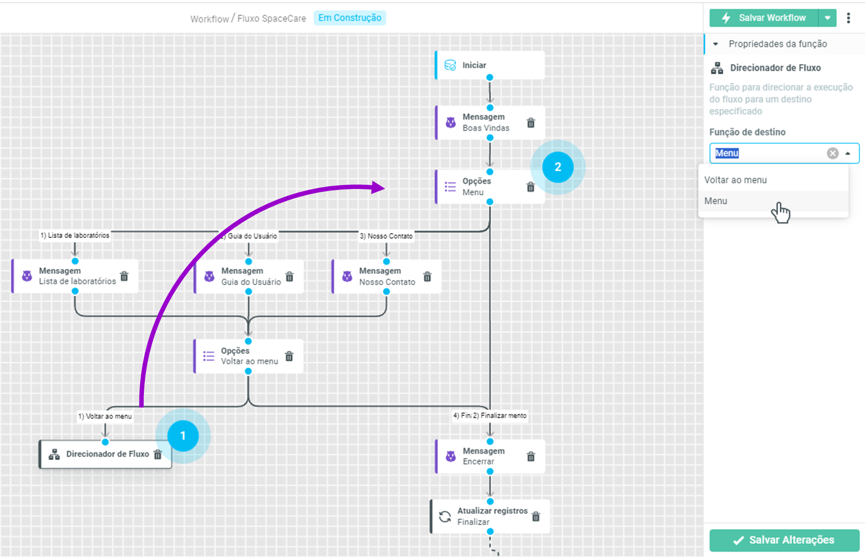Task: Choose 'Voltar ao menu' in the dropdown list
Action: click(735, 180)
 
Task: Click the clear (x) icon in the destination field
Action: click(832, 153)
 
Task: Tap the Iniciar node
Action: click(490, 65)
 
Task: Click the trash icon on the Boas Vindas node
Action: click(531, 123)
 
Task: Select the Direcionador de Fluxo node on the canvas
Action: click(105, 454)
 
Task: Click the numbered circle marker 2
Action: click(558, 167)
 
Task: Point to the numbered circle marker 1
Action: click(183, 436)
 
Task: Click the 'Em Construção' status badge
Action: click(350, 18)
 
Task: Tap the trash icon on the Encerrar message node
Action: click(531, 457)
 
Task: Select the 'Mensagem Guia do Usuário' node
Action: click(249, 277)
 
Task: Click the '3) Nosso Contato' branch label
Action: click(386, 236)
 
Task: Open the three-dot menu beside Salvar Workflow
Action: click(849, 18)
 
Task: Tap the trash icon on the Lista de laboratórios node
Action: click(124, 276)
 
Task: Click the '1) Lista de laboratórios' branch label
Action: click(75, 235)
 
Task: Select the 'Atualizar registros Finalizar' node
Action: click(490, 516)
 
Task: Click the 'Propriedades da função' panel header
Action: click(777, 44)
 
